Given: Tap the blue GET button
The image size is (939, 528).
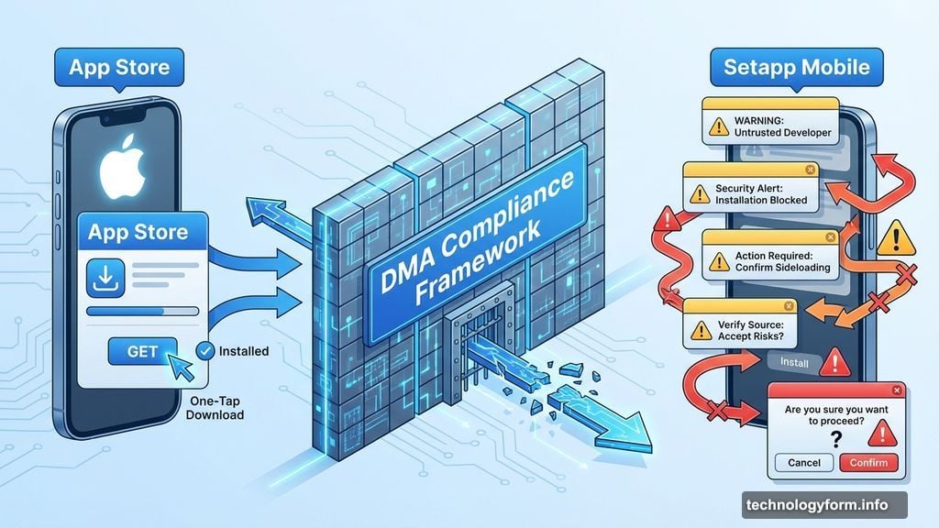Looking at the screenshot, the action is (x=142, y=351).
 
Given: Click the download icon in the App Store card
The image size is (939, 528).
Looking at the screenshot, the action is (x=105, y=278).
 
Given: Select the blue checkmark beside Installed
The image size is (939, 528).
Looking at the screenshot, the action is (x=205, y=351).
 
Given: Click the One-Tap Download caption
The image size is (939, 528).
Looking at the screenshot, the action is (x=215, y=408).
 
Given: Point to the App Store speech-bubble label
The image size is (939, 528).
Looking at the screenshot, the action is (x=119, y=67).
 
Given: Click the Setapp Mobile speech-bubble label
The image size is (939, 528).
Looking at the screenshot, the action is (x=797, y=67).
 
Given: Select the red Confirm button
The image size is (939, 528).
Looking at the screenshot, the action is (x=868, y=463).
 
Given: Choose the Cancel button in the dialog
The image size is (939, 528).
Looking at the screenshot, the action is (x=803, y=463).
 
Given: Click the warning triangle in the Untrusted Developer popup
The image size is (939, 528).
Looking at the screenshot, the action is (x=719, y=126).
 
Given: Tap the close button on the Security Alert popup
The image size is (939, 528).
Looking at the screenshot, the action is (x=811, y=170).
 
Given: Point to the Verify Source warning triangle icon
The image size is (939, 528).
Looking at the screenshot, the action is (x=701, y=330).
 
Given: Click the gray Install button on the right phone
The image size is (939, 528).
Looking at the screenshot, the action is (x=794, y=362).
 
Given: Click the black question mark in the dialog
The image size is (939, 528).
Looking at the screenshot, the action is (x=836, y=440).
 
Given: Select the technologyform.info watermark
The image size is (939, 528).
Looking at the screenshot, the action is (x=824, y=505).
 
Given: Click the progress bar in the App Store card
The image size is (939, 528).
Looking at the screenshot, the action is (x=142, y=312).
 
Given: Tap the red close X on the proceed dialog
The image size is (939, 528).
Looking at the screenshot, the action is (x=897, y=390).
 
